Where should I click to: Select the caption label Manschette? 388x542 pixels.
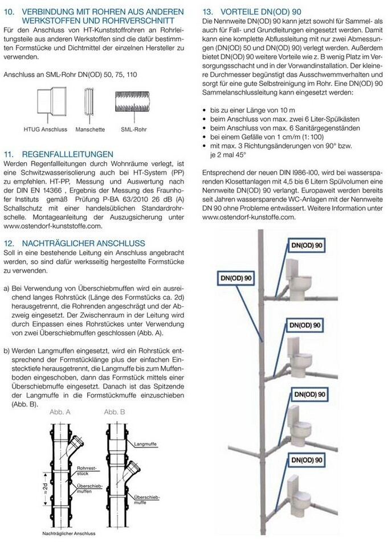(89, 129)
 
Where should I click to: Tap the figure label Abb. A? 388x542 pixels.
(59, 411)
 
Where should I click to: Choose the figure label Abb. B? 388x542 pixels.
(114, 411)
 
